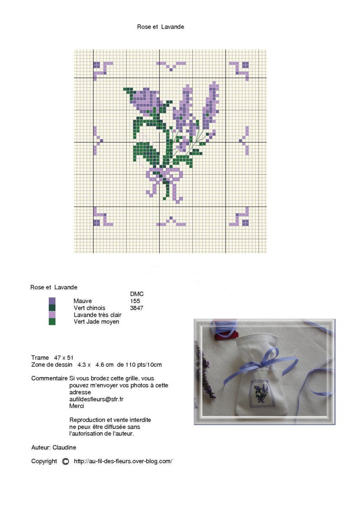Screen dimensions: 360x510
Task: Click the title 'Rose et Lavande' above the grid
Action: pyautogui.click(x=160, y=27)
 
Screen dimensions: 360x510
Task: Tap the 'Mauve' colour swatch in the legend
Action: pyautogui.click(x=52, y=301)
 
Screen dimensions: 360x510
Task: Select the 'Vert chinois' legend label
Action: pyautogui.click(x=90, y=308)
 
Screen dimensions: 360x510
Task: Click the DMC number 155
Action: pyautogui.click(x=135, y=301)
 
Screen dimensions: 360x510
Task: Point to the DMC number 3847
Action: pyautogui.click(x=136, y=308)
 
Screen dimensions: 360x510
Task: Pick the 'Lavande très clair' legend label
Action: pyautogui.click(x=98, y=315)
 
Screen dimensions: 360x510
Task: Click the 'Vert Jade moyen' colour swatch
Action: pyautogui.click(x=52, y=322)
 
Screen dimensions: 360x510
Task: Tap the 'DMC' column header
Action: pyautogui.click(x=136, y=294)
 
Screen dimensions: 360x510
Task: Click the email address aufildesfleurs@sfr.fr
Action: pyautogui.click(x=96, y=399)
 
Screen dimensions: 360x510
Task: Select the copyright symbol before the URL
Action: pyautogui.click(x=65, y=461)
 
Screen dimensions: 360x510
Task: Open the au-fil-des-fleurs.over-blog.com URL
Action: pyautogui.click(x=123, y=461)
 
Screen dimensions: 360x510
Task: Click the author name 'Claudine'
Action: pyautogui.click(x=64, y=447)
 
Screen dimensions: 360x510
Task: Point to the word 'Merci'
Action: pyautogui.click(x=77, y=406)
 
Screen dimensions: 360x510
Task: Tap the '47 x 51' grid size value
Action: pyautogui.click(x=64, y=358)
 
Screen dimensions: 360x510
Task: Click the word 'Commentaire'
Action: pyautogui.click(x=49, y=379)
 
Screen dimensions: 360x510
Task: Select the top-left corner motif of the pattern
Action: pyautogui.click(x=103, y=71)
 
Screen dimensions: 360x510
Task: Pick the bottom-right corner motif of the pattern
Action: pyautogui.click(x=239, y=217)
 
